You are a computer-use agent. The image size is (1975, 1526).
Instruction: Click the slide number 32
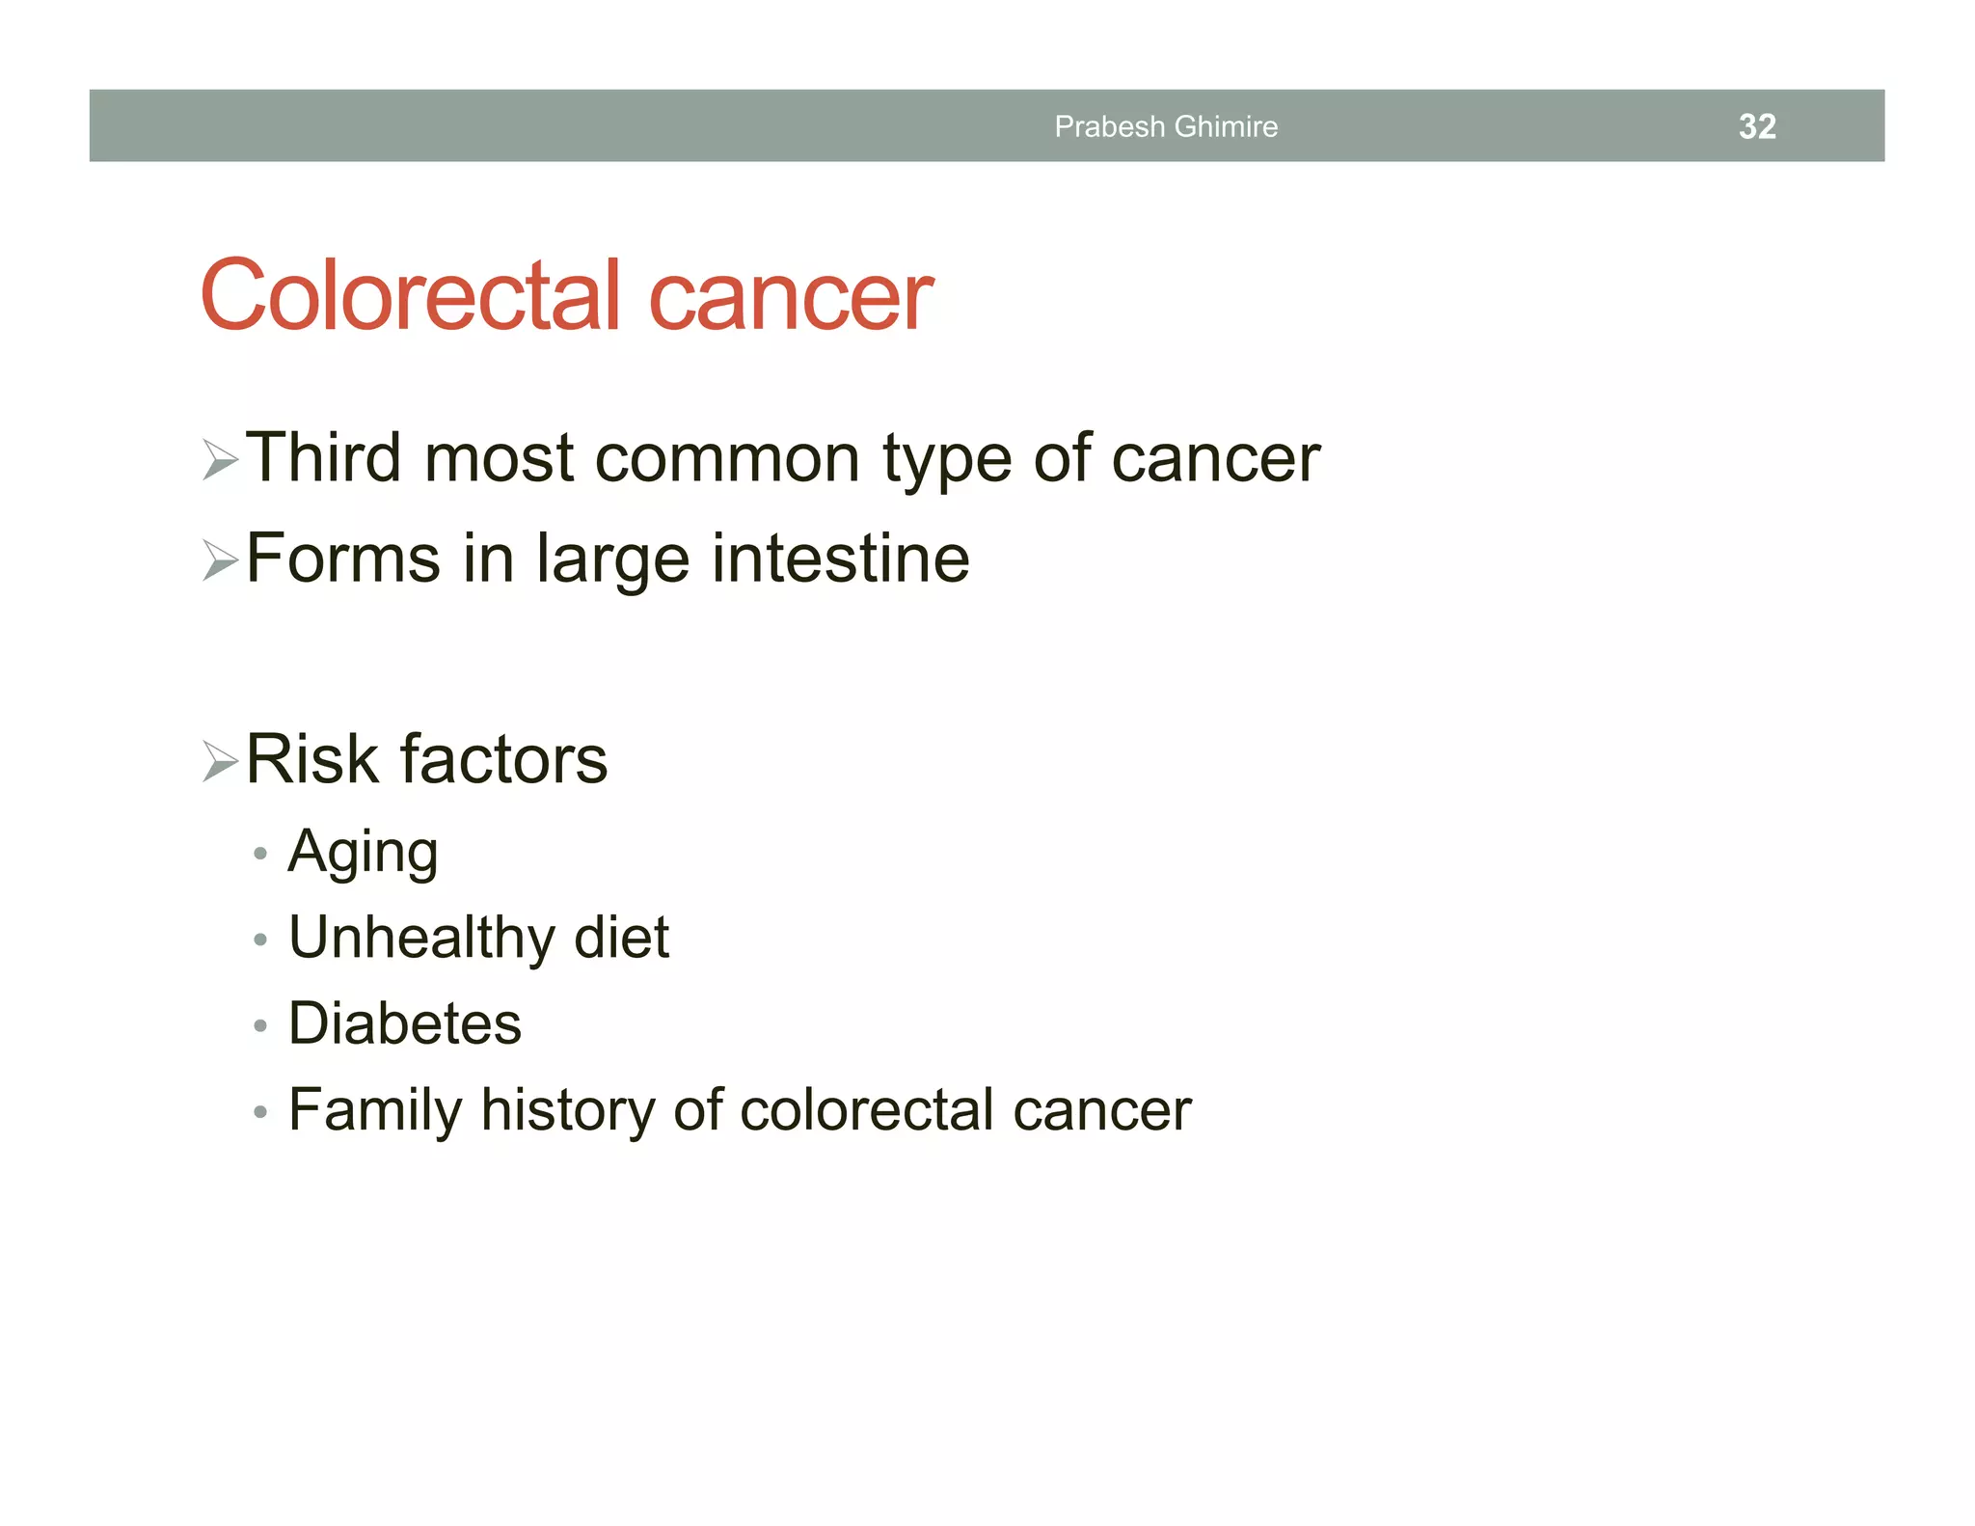coord(1756,126)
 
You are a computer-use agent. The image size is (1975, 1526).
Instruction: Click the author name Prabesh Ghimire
coord(1165,126)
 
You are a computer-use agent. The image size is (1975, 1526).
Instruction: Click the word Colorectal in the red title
coord(411,295)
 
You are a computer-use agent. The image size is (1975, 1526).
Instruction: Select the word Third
coord(323,457)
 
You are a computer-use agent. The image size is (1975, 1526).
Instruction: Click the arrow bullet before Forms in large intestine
coord(220,560)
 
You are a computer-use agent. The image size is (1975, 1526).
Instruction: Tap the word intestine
coord(840,559)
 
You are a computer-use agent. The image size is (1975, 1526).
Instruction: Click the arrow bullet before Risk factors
coord(220,762)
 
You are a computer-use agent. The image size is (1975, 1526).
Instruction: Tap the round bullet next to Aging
coord(259,854)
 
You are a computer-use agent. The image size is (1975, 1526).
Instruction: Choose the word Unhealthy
coord(422,938)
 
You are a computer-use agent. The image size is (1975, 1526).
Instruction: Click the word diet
coord(621,938)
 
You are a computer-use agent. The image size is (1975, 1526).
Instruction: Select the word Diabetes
coord(405,1023)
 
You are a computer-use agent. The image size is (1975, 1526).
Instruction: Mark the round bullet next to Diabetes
coord(259,1025)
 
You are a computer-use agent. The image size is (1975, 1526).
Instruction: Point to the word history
coord(568,1111)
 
